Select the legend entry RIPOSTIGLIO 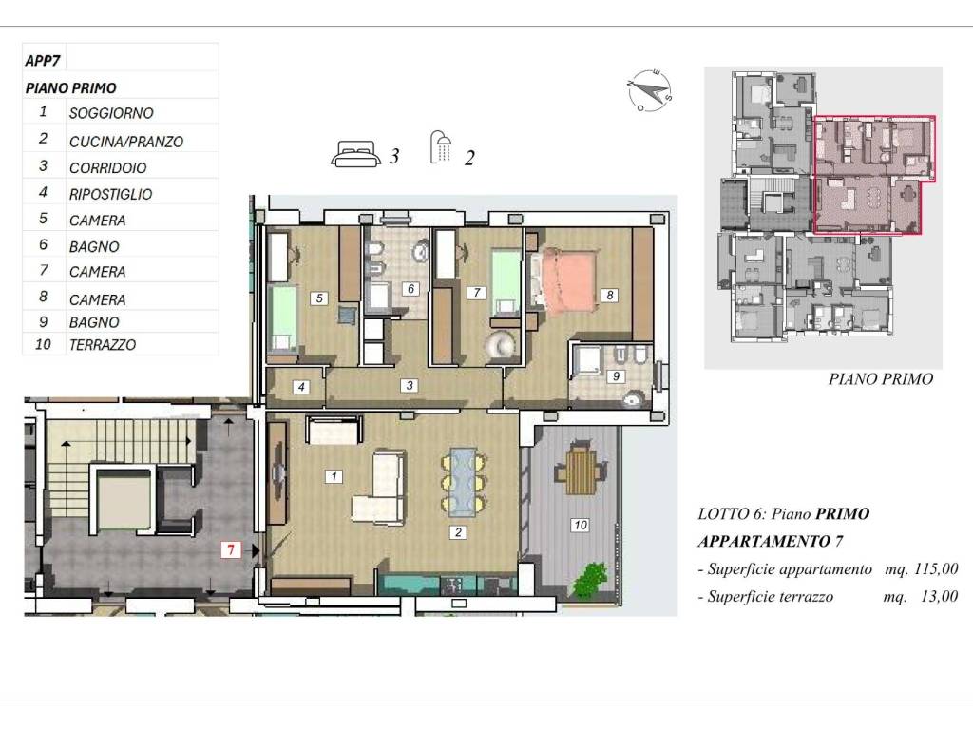click(x=110, y=194)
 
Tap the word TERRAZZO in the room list click(x=103, y=344)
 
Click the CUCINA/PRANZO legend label click(x=126, y=142)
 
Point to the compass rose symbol click(x=649, y=90)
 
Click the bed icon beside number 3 click(x=355, y=154)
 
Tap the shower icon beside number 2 click(x=441, y=147)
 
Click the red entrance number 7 click(x=231, y=549)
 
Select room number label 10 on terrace click(x=580, y=525)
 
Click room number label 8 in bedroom click(x=609, y=296)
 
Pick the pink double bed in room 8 click(x=567, y=279)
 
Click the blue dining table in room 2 click(x=464, y=482)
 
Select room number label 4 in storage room click(x=301, y=387)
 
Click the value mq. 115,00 click(x=921, y=568)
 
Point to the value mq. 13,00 click(x=920, y=596)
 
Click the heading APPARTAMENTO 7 click(x=771, y=541)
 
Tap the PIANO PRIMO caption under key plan click(x=881, y=378)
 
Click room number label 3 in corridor click(x=409, y=386)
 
